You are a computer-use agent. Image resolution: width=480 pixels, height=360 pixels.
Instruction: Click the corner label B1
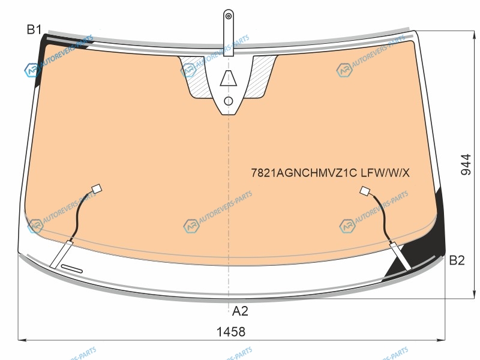point(34,29)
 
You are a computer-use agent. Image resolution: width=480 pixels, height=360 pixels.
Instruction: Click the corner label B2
point(457,260)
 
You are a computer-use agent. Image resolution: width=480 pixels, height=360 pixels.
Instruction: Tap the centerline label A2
point(240,311)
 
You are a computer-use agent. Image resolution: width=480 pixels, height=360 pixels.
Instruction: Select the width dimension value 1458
point(231,332)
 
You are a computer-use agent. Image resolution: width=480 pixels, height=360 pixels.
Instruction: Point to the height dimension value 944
point(466,164)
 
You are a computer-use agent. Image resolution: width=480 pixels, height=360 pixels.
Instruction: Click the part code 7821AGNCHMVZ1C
point(304,173)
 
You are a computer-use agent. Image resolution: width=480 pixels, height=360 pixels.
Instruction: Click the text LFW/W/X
point(385,173)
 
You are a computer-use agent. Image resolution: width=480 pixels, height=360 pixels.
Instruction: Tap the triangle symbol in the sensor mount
point(229,78)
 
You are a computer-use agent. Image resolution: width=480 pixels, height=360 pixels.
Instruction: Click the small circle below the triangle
point(229,101)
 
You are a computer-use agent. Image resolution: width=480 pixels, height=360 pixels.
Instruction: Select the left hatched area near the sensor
point(196,77)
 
